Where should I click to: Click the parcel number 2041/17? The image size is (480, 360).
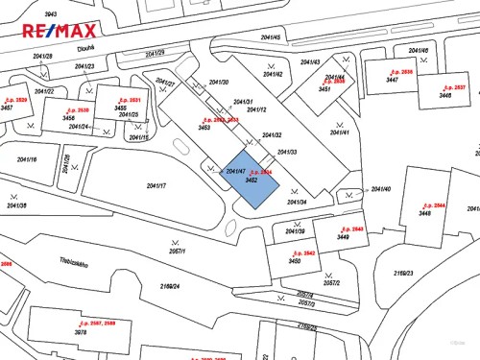156,185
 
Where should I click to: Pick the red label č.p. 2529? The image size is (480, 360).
14,101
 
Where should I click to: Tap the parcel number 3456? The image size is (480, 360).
68,117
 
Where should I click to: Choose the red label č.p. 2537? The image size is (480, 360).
452,87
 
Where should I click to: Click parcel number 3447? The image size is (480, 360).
392,81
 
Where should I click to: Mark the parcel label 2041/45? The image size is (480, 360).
270,37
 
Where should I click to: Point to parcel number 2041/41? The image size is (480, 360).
339,132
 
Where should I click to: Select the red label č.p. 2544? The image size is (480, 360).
433,205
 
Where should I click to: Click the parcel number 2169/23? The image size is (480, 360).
402,274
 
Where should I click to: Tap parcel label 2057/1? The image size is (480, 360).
175,252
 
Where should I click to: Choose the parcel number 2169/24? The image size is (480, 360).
170,285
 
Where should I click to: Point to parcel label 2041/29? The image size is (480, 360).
155,53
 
